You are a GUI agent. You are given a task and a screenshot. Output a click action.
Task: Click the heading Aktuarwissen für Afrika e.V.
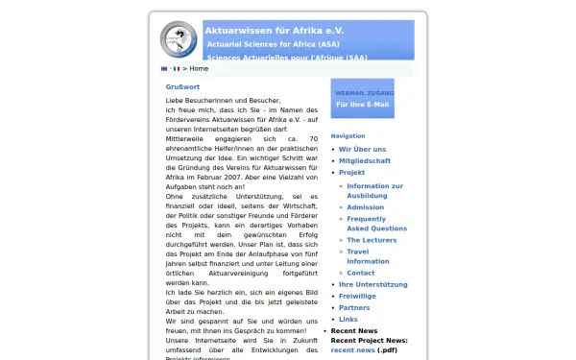(274, 31)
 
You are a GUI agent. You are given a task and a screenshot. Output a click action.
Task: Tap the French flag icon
(176, 69)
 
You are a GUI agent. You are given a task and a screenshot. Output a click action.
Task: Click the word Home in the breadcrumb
(199, 69)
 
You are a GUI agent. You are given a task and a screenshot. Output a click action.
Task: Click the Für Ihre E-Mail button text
(362, 104)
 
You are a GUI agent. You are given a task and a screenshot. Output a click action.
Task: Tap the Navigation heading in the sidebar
(348, 136)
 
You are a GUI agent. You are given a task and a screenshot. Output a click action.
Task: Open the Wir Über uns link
(362, 150)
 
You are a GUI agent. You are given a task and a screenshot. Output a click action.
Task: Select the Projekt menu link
(352, 173)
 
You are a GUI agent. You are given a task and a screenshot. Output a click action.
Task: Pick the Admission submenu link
(365, 207)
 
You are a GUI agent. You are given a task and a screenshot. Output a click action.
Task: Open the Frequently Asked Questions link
(376, 224)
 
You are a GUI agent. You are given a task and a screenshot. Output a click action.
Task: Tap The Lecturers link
(371, 240)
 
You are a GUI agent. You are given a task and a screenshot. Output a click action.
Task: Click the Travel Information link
(368, 256)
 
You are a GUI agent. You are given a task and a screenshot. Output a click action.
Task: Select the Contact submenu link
(360, 273)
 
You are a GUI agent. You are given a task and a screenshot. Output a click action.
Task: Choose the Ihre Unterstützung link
(373, 285)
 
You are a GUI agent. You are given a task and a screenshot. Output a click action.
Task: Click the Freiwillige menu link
(359, 297)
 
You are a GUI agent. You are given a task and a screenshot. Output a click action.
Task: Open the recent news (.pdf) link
(353, 350)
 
